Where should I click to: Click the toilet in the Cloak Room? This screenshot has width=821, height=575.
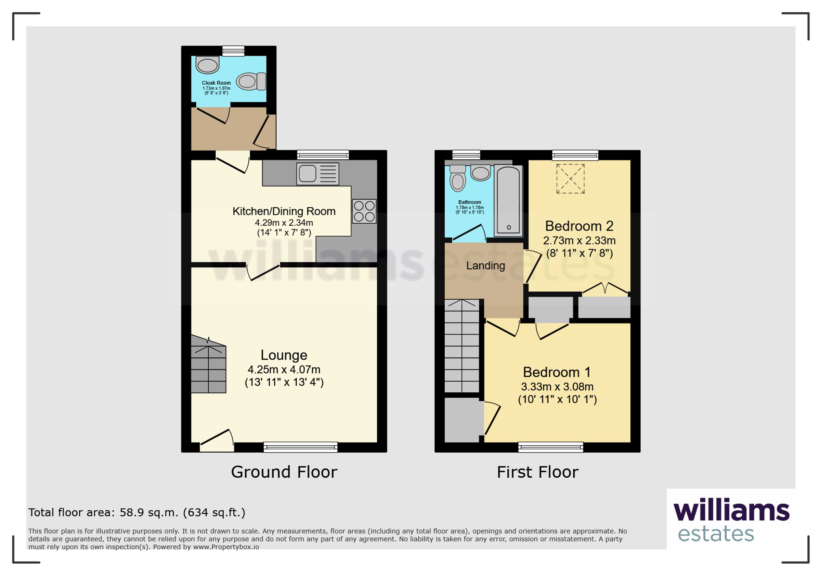click(251, 81)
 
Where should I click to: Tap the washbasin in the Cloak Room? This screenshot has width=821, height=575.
click(207, 65)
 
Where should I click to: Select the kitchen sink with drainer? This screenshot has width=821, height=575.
click(317, 174)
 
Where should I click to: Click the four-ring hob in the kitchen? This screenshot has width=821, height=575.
click(364, 211)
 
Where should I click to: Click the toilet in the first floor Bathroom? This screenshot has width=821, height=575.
click(458, 178)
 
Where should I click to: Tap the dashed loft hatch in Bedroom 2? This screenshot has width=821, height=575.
click(570, 179)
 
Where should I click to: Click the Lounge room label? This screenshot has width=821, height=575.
click(284, 355)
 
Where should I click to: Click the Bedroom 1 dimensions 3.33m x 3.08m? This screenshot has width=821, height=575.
click(557, 387)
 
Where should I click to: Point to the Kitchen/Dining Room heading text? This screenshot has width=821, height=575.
click(284, 211)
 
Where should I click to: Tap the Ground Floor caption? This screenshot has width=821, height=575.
click(284, 472)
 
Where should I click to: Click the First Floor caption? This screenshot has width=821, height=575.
click(537, 472)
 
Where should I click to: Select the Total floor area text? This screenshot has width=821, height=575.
click(137, 513)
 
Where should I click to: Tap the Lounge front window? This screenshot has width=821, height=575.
click(300, 447)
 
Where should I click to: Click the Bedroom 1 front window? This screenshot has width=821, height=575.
click(551, 447)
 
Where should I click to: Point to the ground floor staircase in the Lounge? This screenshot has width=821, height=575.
click(208, 364)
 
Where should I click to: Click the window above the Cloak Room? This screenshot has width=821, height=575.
click(233, 51)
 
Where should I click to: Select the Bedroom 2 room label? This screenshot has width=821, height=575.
click(579, 226)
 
